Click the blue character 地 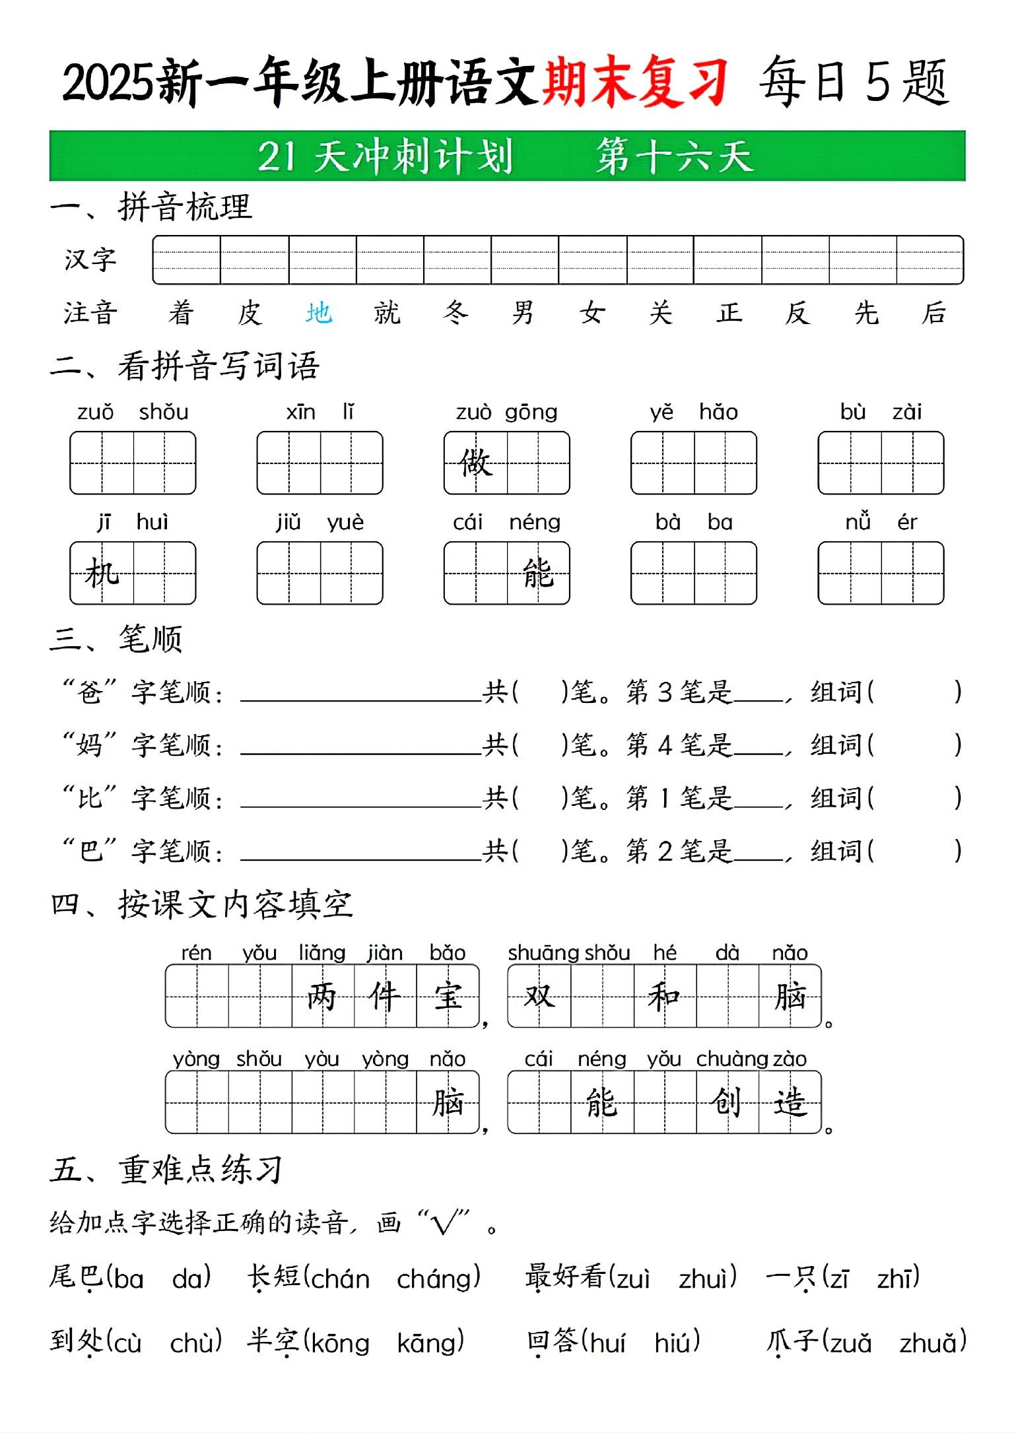tap(318, 313)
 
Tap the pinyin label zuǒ tap(95, 413)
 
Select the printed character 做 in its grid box tap(475, 462)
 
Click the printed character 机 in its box tap(102, 573)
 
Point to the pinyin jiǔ tap(288, 523)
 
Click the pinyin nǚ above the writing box tap(858, 522)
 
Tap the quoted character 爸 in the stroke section tap(90, 692)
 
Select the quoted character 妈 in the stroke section tap(90, 745)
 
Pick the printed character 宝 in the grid tap(448, 996)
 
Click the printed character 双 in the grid tap(539, 996)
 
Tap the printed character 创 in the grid tap(727, 1102)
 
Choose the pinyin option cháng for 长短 tap(438, 1279)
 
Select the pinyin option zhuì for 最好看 tap(707, 1279)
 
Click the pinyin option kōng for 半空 tap(339, 1343)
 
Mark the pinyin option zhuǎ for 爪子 tap(932, 1343)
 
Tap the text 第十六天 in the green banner tap(675, 156)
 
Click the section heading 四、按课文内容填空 tap(202, 904)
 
